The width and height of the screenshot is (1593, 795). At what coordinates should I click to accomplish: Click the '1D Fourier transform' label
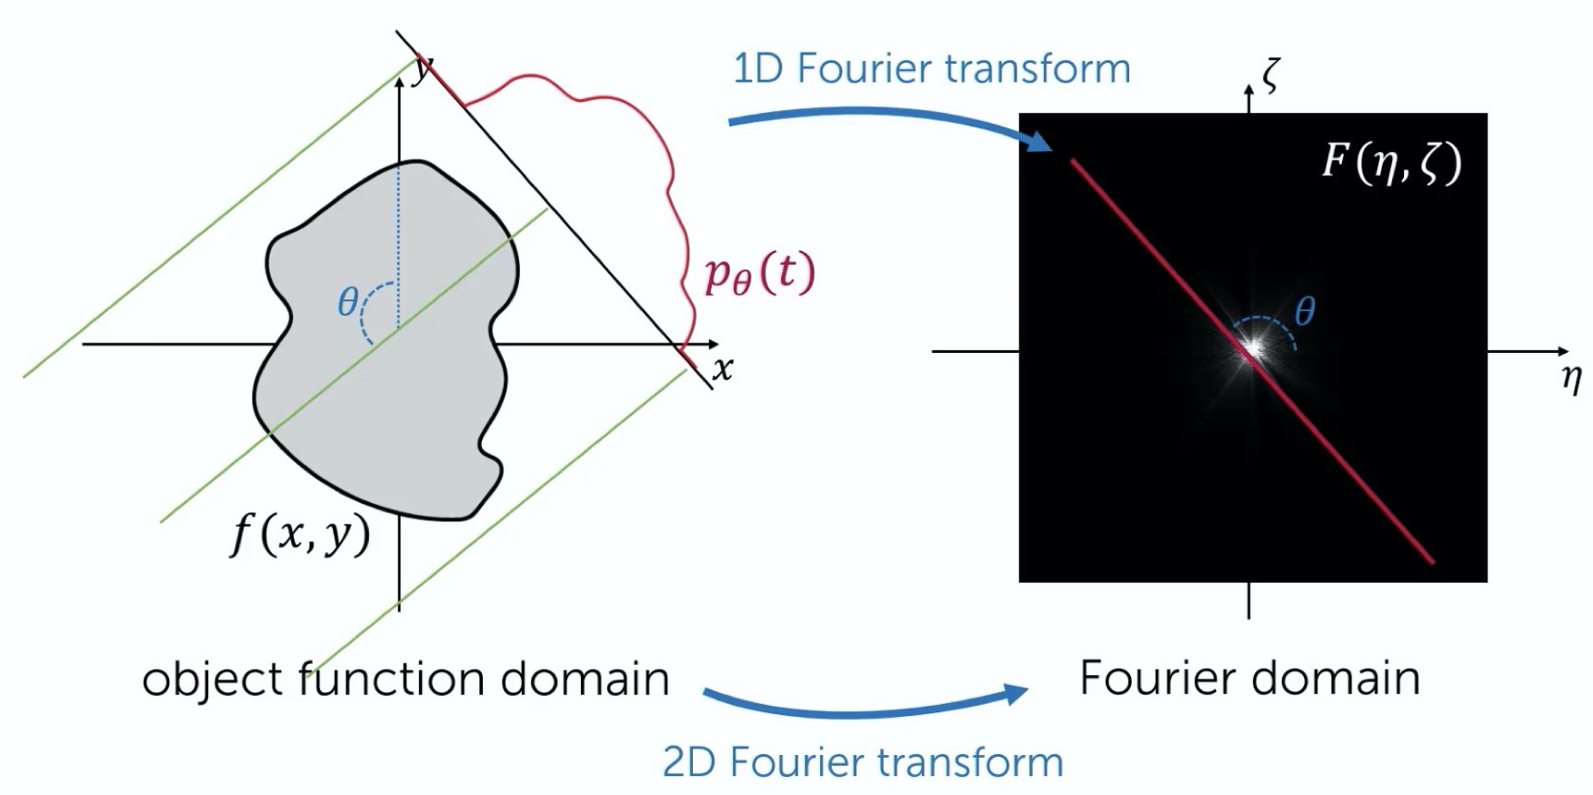click(930, 69)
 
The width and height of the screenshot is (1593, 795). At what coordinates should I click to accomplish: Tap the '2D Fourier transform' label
click(862, 762)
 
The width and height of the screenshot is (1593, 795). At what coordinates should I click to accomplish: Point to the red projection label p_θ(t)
click(759, 275)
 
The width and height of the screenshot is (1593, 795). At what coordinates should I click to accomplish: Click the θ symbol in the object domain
click(347, 302)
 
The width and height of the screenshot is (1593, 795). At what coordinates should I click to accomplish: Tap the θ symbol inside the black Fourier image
click(1304, 312)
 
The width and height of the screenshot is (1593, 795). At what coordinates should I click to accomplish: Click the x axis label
click(723, 369)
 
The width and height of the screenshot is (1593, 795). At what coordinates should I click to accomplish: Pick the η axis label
click(1571, 377)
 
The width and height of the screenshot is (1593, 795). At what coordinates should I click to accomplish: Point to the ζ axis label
click(1271, 75)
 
